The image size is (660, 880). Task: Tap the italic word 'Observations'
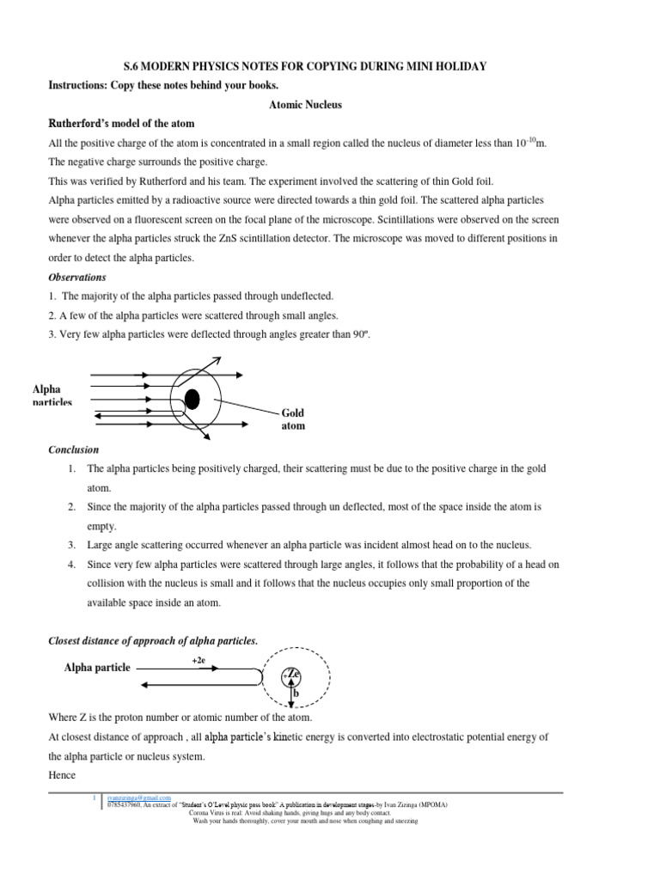click(x=76, y=278)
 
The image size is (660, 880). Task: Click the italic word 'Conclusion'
click(x=73, y=449)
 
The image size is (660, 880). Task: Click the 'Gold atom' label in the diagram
click(x=293, y=419)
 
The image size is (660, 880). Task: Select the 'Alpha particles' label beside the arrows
click(x=52, y=395)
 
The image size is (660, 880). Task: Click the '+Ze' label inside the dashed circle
click(x=291, y=674)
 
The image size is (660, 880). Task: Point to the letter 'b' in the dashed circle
click(x=295, y=692)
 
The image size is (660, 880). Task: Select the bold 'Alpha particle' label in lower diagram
click(x=97, y=668)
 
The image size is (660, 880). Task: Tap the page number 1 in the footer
click(x=95, y=798)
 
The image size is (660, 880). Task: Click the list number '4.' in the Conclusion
click(x=72, y=565)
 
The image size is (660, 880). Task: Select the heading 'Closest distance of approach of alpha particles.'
click(x=151, y=640)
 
